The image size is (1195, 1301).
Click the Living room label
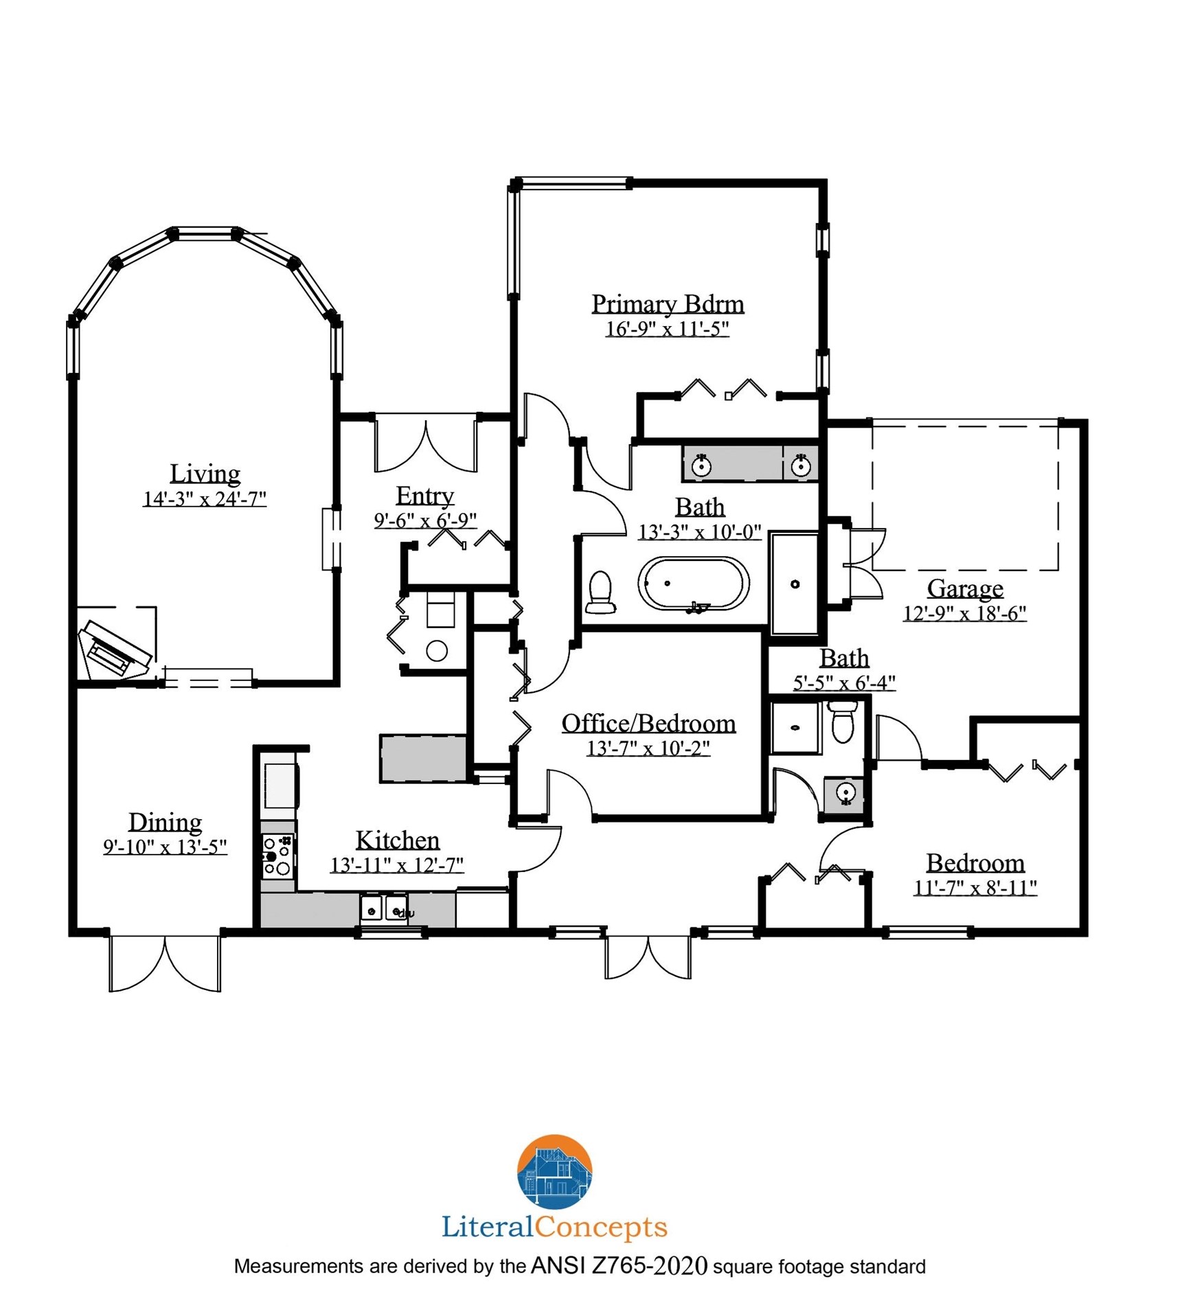coord(205,473)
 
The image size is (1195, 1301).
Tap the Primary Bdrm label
coord(668,303)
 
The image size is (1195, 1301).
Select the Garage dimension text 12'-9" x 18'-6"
coord(964,612)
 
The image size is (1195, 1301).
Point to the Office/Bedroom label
coord(648,723)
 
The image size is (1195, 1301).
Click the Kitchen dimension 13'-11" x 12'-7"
coord(397,864)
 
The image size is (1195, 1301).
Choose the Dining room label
coord(166,822)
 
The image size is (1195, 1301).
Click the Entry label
coord(425,496)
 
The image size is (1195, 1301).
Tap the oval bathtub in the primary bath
coord(694,584)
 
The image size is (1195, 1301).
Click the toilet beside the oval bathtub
coord(600,592)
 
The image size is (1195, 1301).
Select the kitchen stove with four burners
coord(278,855)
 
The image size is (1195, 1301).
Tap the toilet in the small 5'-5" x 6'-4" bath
coord(842,721)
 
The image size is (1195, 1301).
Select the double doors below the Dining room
coord(165,963)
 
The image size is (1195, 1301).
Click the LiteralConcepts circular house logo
coord(554,1171)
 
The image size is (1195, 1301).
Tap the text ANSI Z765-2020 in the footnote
coord(619,1266)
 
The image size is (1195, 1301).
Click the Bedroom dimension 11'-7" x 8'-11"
coord(975,888)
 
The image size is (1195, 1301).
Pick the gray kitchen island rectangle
coord(424,759)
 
